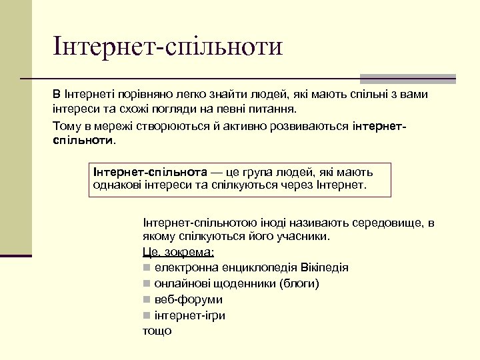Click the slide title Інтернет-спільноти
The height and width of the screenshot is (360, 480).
(x=169, y=47)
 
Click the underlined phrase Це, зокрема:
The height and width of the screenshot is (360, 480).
(x=178, y=252)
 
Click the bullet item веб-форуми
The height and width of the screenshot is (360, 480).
(x=188, y=299)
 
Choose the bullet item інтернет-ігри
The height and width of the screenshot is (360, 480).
(x=189, y=315)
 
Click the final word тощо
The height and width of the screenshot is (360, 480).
(x=157, y=331)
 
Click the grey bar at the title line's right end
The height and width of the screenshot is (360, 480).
(x=407, y=78)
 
